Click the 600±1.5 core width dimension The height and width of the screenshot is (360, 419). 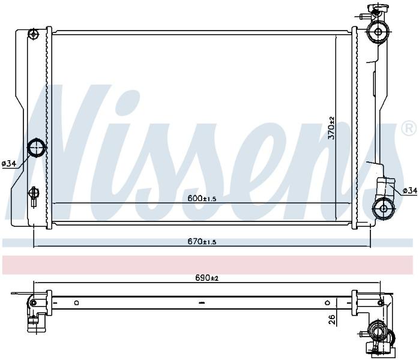tap(202, 199)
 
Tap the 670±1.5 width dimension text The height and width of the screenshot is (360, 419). tap(202, 242)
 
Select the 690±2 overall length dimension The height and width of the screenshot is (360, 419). tap(206, 278)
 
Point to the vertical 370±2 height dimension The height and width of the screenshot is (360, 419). tap(331, 128)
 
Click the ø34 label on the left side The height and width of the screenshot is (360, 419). tap(10, 163)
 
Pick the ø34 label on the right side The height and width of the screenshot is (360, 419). tap(410, 190)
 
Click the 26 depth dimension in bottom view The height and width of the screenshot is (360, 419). tap(331, 319)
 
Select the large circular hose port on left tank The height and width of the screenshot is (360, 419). tap(37, 148)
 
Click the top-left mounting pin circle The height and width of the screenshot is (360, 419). tap(34, 34)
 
